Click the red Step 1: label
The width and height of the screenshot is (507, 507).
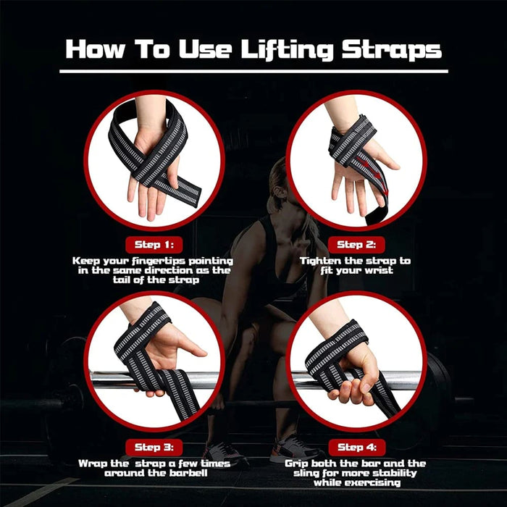(x=152, y=244)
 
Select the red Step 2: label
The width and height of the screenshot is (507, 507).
(x=356, y=244)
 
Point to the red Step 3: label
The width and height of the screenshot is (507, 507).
(x=152, y=448)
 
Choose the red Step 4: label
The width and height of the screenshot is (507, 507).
(x=356, y=448)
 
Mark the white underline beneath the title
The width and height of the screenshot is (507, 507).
(x=253, y=71)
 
